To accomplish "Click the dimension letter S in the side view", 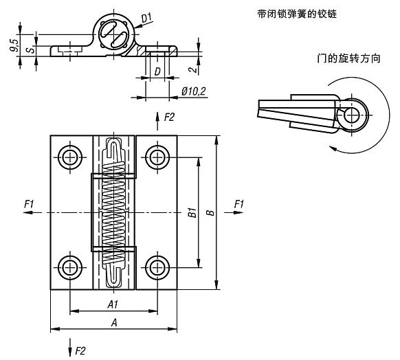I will (28, 49).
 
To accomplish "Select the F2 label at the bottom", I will (80, 350).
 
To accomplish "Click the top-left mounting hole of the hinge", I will (69, 157).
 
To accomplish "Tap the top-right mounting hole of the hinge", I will (158, 157).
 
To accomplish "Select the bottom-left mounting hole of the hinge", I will (69, 267).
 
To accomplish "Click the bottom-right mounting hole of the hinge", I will (158, 267).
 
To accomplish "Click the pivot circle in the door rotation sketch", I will (354, 112).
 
